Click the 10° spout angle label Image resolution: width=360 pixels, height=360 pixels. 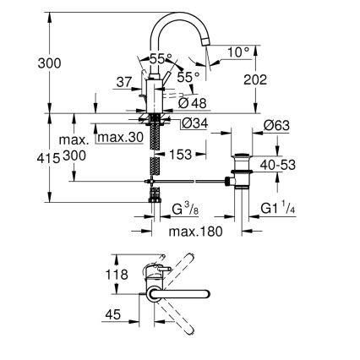(239, 52)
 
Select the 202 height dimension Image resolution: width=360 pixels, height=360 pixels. (255, 80)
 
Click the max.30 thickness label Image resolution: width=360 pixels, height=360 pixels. (118, 138)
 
